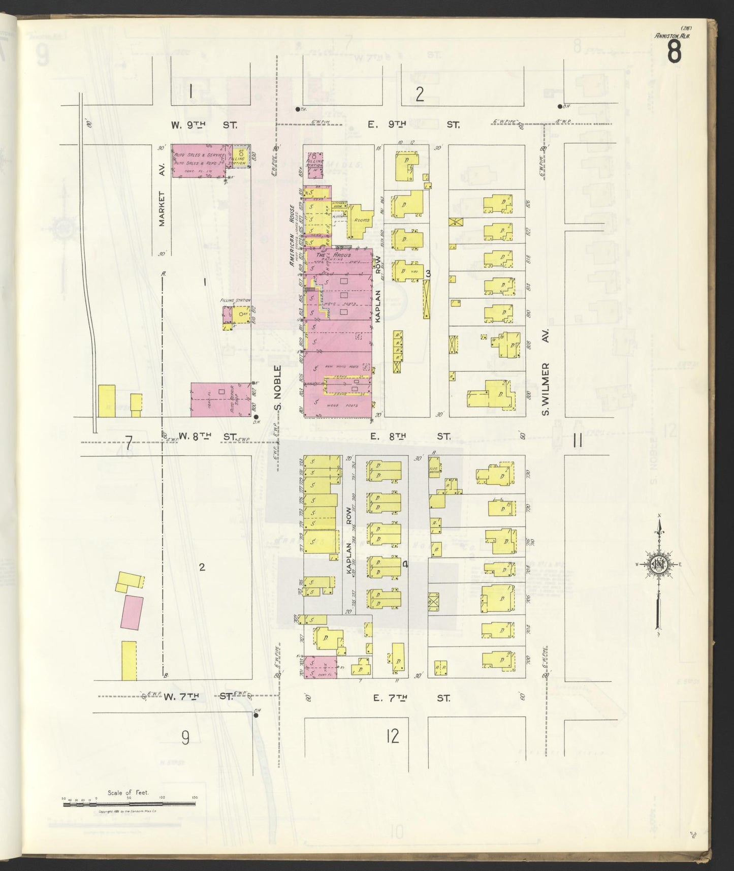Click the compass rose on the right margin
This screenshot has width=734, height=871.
[x=659, y=564]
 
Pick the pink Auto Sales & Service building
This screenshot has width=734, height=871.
[x=200, y=161]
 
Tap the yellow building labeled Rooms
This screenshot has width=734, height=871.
[x=360, y=221]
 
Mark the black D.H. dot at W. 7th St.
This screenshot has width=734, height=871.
[x=256, y=715]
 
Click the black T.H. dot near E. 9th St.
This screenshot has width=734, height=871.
[x=298, y=109]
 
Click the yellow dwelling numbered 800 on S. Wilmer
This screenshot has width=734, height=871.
[x=490, y=394]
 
